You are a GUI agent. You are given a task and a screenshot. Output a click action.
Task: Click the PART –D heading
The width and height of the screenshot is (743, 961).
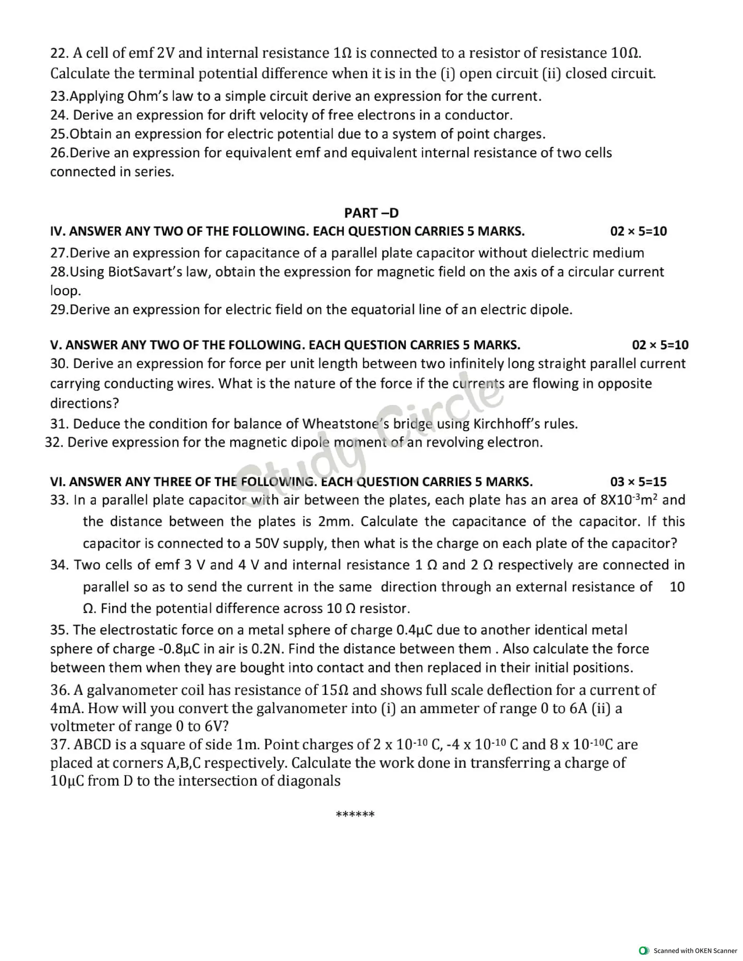click(x=371, y=213)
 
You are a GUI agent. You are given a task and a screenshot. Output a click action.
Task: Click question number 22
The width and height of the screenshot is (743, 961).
click(x=58, y=53)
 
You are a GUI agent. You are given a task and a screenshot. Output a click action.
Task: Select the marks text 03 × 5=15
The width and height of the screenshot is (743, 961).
click(x=638, y=482)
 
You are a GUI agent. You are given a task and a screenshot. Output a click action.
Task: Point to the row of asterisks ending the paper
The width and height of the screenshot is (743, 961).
click(x=355, y=814)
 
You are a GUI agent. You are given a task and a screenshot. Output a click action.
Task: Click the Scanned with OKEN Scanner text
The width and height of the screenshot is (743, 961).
click(x=695, y=950)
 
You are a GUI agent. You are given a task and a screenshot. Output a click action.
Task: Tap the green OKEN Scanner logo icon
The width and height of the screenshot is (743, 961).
click(x=644, y=950)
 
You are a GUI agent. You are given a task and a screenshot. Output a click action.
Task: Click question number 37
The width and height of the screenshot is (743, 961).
click(x=59, y=745)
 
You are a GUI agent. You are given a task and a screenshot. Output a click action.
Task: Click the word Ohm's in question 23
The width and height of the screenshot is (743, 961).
click(x=147, y=96)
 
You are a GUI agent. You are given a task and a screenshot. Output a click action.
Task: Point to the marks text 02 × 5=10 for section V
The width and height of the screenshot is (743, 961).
click(x=660, y=345)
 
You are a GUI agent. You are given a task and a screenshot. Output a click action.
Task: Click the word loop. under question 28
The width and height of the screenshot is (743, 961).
click(x=66, y=291)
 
